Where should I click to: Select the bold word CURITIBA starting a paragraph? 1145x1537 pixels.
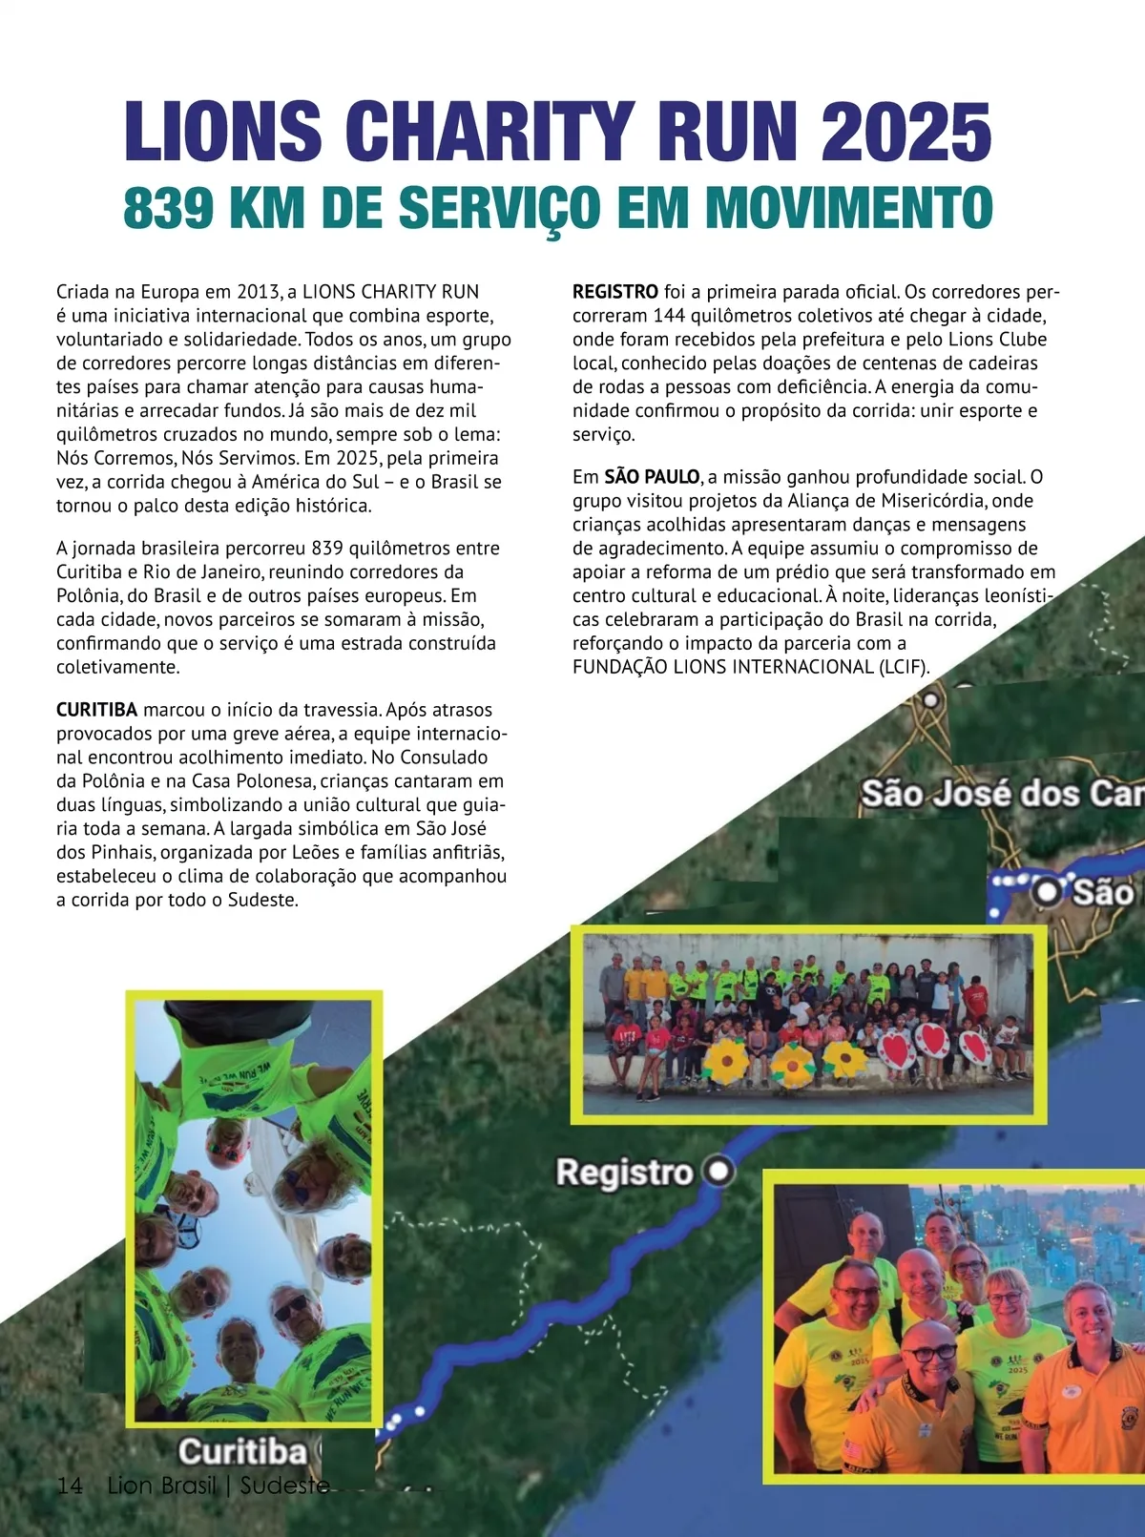pos(96,710)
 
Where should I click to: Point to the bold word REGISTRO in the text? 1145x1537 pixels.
pos(614,292)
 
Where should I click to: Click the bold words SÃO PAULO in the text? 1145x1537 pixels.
pos(652,477)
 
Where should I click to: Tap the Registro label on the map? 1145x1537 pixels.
pos(624,1172)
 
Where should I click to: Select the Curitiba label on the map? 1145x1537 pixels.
pos(242,1451)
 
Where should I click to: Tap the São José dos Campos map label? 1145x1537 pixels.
pos(1002,793)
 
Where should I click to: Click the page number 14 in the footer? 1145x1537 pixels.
pos(69,1485)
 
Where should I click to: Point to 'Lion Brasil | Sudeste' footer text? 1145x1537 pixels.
pos(219,1485)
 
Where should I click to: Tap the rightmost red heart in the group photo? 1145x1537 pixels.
pos(974,1048)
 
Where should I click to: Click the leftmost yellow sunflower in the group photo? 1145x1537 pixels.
pos(728,1058)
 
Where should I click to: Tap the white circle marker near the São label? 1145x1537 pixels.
pos(1047,892)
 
